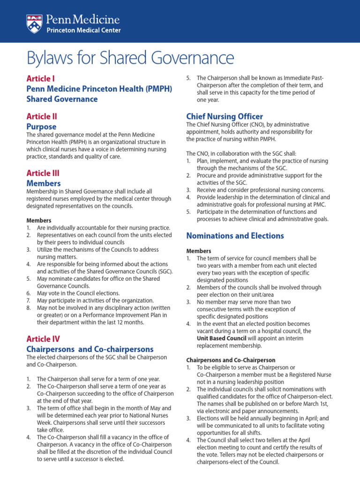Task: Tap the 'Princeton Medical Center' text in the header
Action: [83, 30]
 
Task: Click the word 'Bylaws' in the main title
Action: [52, 58]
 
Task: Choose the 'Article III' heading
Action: [43, 173]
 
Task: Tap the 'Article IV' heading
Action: [43, 338]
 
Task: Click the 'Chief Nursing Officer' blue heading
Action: [225, 116]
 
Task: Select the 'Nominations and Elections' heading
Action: [235, 235]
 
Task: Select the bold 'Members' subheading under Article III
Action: [38, 220]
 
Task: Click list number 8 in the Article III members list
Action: [29, 308]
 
